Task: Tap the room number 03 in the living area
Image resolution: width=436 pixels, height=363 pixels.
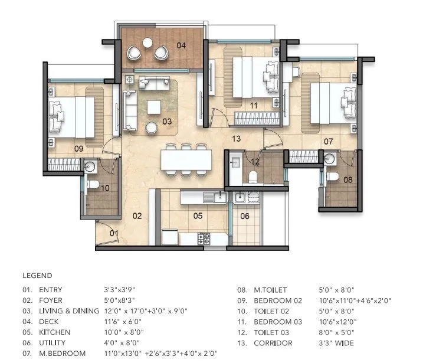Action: coord(167,122)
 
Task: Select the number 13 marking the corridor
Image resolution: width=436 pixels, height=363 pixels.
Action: coord(236,139)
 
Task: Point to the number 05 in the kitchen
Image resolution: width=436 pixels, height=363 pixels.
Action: coord(198,216)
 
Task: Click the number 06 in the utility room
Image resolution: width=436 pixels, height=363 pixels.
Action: coord(245,216)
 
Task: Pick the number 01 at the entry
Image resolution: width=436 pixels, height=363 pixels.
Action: coord(114,234)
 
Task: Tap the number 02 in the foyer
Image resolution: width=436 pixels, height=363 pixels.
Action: coord(137,216)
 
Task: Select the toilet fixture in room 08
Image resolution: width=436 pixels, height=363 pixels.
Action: coord(332,176)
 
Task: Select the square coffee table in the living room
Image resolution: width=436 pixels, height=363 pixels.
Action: coord(154,107)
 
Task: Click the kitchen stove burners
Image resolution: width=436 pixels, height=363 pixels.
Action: coord(204,239)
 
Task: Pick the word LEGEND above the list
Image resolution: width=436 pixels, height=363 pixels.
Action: coord(37,276)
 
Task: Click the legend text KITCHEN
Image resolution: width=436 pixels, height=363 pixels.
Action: coord(54,332)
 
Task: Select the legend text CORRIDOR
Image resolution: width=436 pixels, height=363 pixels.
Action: coord(271,343)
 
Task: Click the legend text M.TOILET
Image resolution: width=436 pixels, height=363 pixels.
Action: coord(270,290)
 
